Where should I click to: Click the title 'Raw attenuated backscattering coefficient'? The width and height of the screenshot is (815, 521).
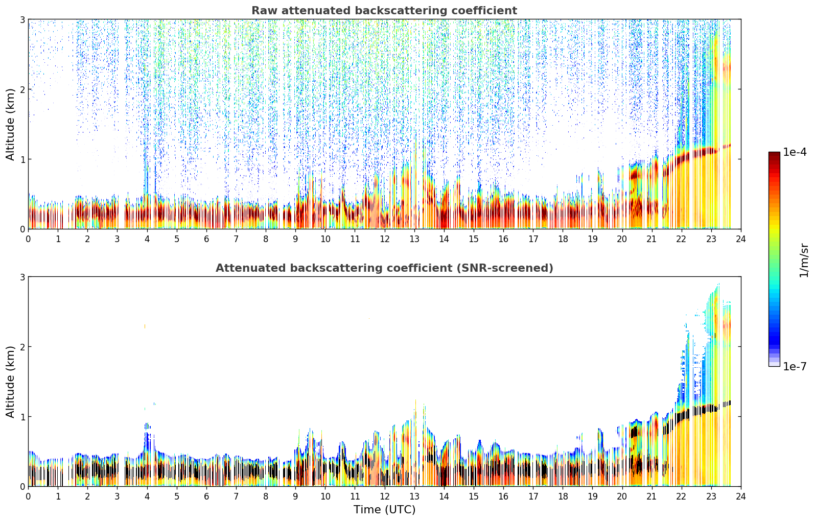tap(384, 11)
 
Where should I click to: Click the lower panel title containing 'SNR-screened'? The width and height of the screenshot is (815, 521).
tap(384, 268)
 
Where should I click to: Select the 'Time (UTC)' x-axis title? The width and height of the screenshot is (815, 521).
tap(384, 509)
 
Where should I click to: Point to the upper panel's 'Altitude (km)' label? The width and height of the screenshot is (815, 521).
tap(10, 124)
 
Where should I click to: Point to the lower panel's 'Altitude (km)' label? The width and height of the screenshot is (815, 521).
tap(10, 382)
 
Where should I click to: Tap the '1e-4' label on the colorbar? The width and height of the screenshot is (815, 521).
tap(795, 152)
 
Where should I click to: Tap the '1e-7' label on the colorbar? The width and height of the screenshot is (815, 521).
tap(795, 366)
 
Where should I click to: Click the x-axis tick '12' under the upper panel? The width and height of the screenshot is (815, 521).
tap(385, 239)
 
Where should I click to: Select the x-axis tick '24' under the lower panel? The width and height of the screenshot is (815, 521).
tap(741, 496)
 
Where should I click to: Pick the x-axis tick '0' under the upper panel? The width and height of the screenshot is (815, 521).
tap(29, 239)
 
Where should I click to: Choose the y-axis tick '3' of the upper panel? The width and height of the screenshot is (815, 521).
tap(22, 19)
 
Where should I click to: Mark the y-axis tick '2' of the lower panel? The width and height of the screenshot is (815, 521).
tap(22, 347)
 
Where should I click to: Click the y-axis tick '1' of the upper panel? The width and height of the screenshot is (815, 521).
tap(22, 159)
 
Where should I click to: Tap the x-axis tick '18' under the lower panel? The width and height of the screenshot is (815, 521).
tap(563, 496)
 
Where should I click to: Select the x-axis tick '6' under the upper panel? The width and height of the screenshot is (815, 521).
tap(206, 239)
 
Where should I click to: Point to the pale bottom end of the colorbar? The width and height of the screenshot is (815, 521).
tap(774, 364)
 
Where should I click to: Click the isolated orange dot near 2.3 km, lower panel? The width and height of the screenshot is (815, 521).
tap(145, 326)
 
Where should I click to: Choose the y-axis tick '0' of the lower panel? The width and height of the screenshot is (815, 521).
tap(22, 486)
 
